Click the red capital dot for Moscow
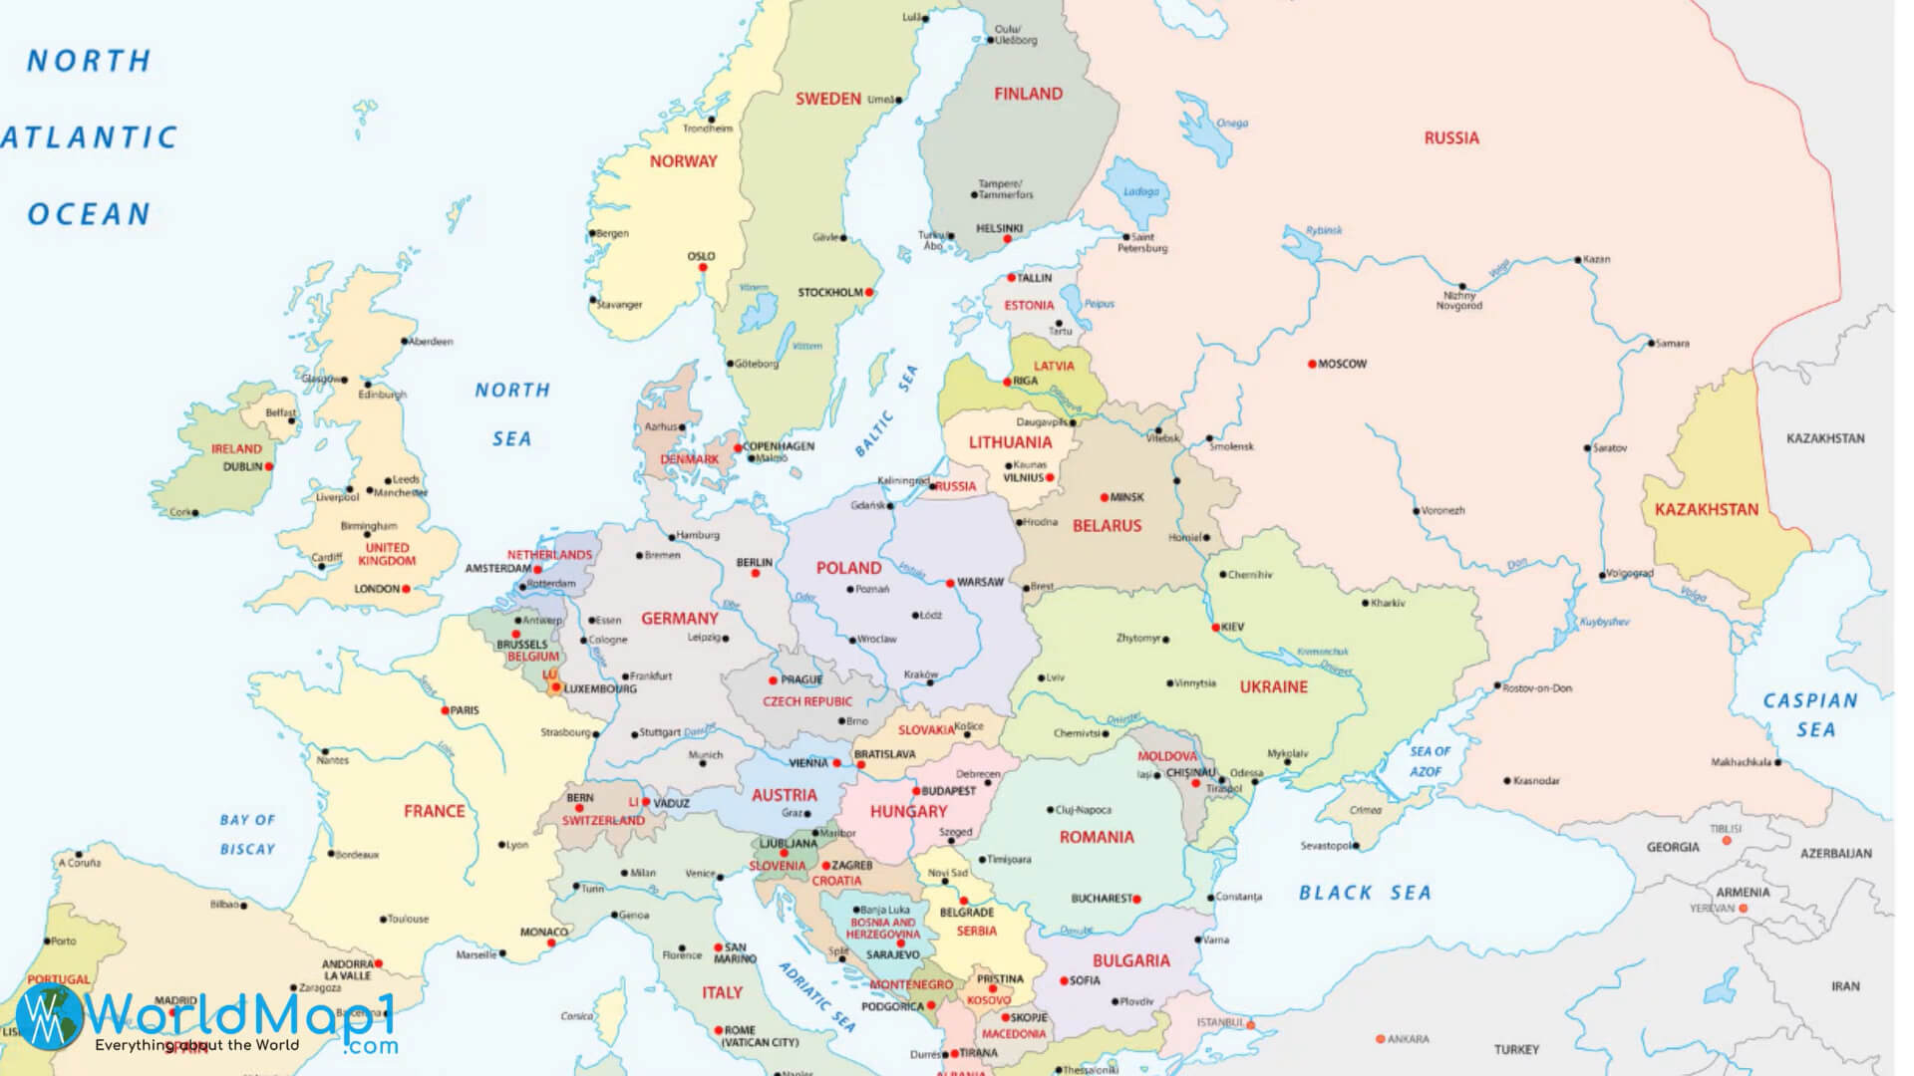(1312, 365)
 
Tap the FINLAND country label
(1028, 95)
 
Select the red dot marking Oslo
(703, 269)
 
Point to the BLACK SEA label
(1364, 893)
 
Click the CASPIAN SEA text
(1810, 714)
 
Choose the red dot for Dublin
(269, 466)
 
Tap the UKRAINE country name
(1273, 686)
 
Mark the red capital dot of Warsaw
(951, 583)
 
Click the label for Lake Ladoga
(1141, 191)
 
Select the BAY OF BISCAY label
(247, 834)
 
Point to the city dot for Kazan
(1577, 260)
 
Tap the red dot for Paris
(445, 711)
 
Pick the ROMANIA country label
(1096, 837)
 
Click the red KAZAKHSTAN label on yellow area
(1707, 509)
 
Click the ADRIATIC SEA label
(816, 996)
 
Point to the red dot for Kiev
(1215, 628)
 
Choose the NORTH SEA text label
(511, 413)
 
